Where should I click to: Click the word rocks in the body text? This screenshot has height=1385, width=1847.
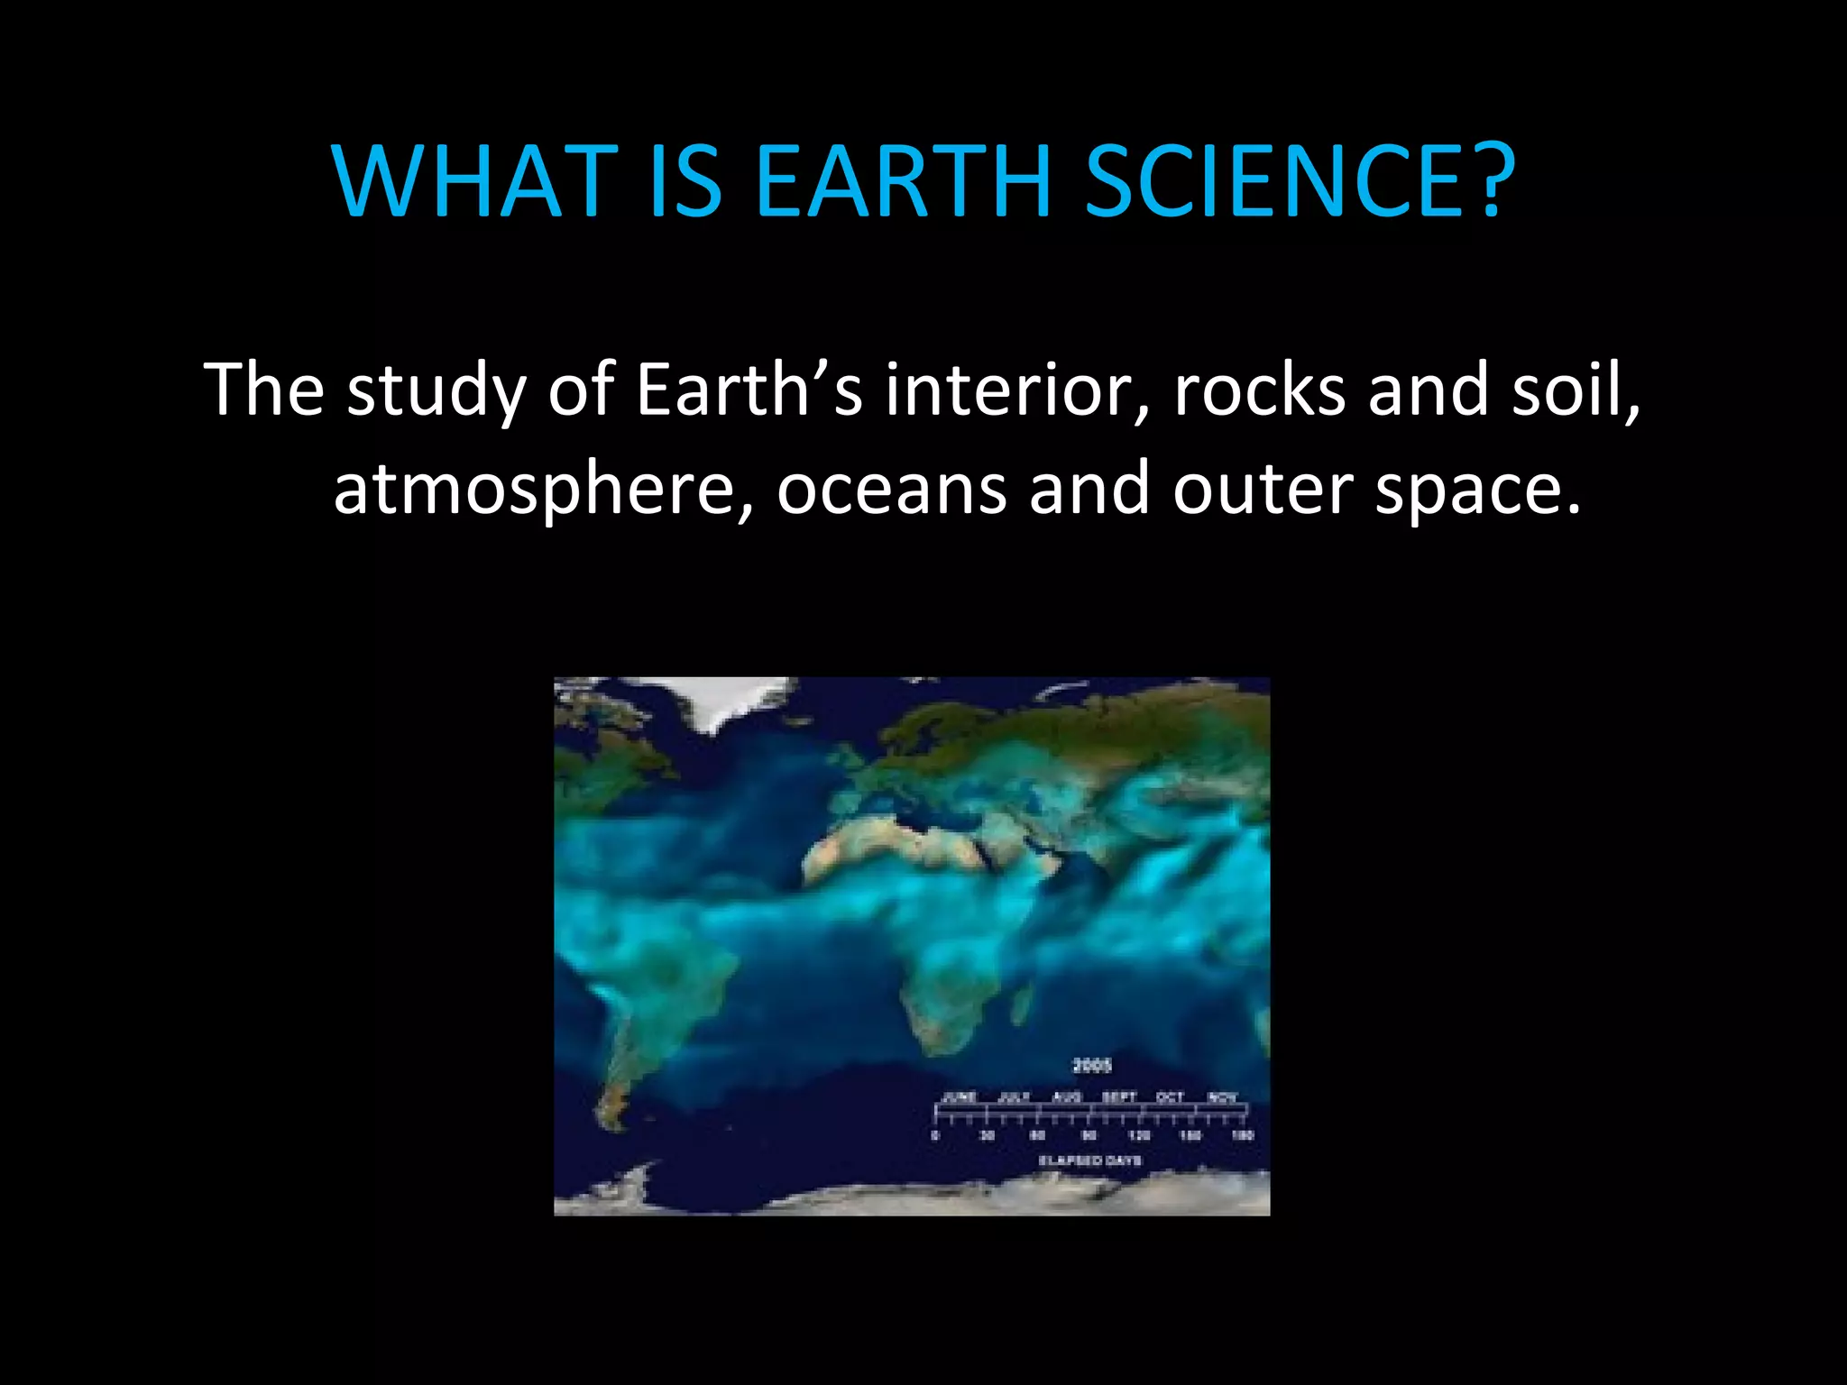pyautogui.click(x=1259, y=390)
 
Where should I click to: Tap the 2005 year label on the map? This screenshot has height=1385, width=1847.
pyautogui.click(x=1092, y=1066)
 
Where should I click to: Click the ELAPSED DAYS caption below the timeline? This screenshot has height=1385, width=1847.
pyautogui.click(x=1090, y=1160)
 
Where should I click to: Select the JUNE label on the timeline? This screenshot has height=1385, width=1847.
pyautogui.click(x=960, y=1097)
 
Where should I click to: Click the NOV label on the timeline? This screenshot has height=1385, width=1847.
pyautogui.click(x=1222, y=1097)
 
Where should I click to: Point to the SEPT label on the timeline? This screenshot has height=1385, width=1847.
pyautogui.click(x=1119, y=1097)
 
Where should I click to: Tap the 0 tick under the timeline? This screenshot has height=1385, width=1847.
pyautogui.click(x=935, y=1135)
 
